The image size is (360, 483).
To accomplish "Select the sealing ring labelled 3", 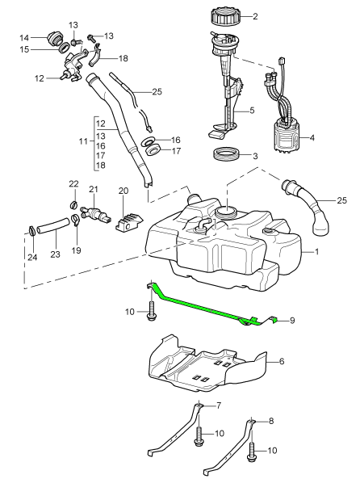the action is (x=227, y=153).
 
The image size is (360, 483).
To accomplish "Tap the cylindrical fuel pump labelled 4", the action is (x=286, y=137).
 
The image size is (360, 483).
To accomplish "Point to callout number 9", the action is (x=292, y=321).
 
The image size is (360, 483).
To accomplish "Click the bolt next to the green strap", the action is (x=151, y=311).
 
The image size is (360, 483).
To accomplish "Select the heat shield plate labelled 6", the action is (x=208, y=363).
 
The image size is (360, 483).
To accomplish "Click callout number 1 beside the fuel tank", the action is (x=316, y=252).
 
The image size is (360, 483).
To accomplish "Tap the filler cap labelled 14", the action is (x=55, y=39).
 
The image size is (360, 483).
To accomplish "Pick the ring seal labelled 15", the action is (x=65, y=48).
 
